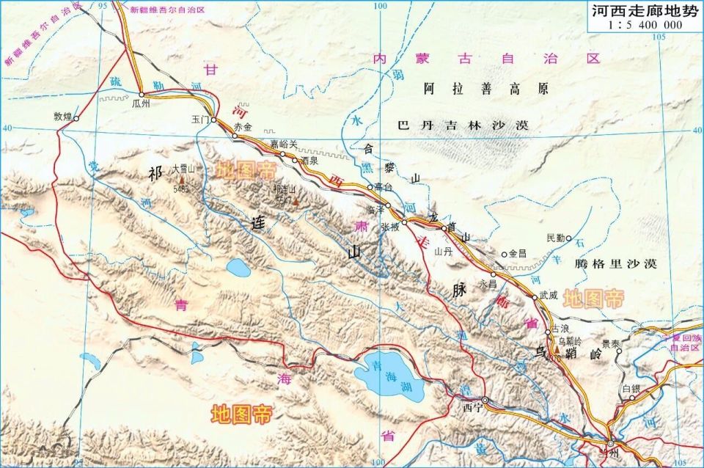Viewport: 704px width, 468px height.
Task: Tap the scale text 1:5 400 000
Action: pyautogui.click(x=645, y=25)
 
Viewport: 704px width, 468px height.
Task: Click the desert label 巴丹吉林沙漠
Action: pyautogui.click(x=462, y=125)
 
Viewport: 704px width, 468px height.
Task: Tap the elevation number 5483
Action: pyautogui.click(x=180, y=189)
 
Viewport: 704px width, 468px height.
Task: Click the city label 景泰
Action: pyautogui.click(x=611, y=343)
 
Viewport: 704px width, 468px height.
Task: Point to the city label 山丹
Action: pyautogui.click(x=443, y=250)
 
